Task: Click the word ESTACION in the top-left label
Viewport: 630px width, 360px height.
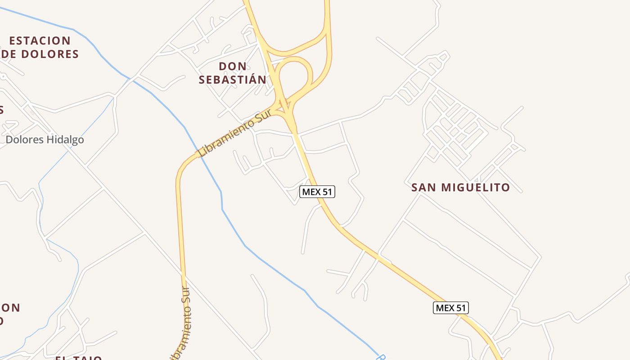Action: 40,40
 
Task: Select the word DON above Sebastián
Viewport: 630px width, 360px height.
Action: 233,67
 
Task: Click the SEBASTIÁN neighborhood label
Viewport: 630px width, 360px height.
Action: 233,80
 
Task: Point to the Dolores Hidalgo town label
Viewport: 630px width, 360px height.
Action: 45,139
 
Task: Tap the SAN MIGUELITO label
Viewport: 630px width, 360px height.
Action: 460,187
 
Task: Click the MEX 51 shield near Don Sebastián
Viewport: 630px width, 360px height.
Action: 317,192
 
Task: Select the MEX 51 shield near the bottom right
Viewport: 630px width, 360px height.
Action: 451,308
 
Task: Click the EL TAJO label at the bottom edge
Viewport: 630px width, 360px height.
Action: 79,358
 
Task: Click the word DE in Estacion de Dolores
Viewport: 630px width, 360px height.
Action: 9,54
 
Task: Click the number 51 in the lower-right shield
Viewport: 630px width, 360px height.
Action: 459,308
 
